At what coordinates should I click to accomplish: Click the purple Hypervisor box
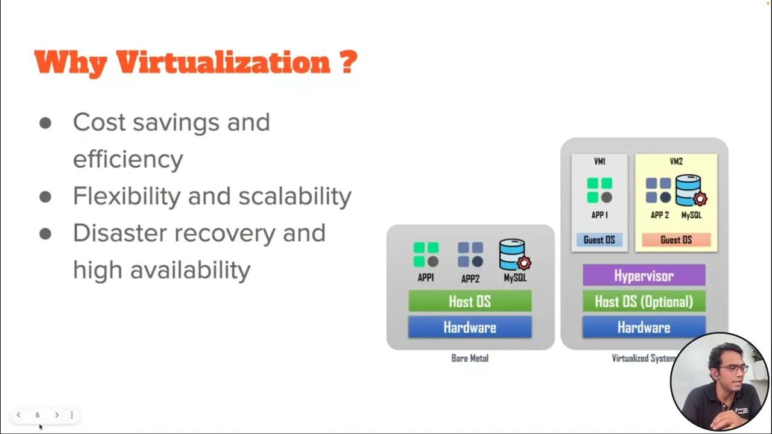[x=644, y=275]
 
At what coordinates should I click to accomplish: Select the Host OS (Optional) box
[x=644, y=301]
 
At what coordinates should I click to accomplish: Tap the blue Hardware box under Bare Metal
[x=470, y=327]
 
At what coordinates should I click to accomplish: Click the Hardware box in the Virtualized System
[x=644, y=327]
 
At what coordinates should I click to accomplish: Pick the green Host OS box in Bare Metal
[x=470, y=301]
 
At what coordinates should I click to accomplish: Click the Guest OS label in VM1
[x=599, y=239]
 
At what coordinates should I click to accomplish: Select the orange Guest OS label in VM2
[x=676, y=239]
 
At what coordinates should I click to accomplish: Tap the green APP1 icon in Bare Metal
[x=426, y=255]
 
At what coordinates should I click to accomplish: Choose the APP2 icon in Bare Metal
[x=470, y=255]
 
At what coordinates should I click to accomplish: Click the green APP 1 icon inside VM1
[x=600, y=190]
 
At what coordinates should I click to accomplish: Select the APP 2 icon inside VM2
[x=659, y=190]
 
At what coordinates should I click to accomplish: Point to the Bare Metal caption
[x=470, y=358]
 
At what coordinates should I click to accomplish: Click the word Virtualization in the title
[x=223, y=62]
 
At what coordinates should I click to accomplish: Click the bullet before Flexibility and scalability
[x=45, y=197]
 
